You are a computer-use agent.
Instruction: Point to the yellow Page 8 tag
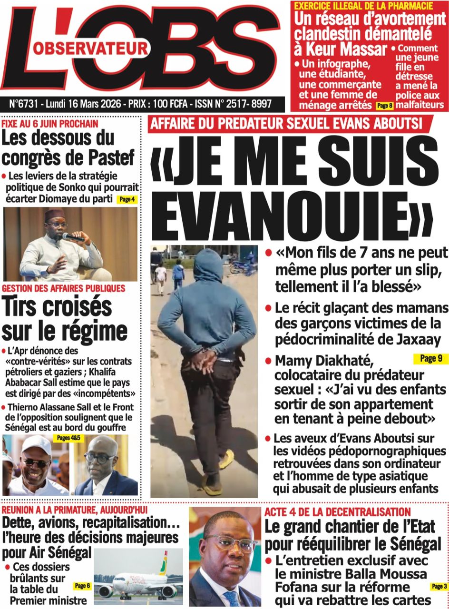(x=384, y=105)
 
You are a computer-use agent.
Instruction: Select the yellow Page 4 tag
(x=127, y=199)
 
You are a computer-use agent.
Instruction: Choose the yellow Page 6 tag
(x=82, y=586)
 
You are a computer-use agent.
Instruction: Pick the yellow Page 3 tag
(x=439, y=587)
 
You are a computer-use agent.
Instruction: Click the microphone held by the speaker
(x=71, y=236)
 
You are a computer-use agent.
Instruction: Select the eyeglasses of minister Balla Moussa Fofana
(x=230, y=543)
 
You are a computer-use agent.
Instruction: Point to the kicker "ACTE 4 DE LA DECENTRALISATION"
(x=337, y=512)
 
